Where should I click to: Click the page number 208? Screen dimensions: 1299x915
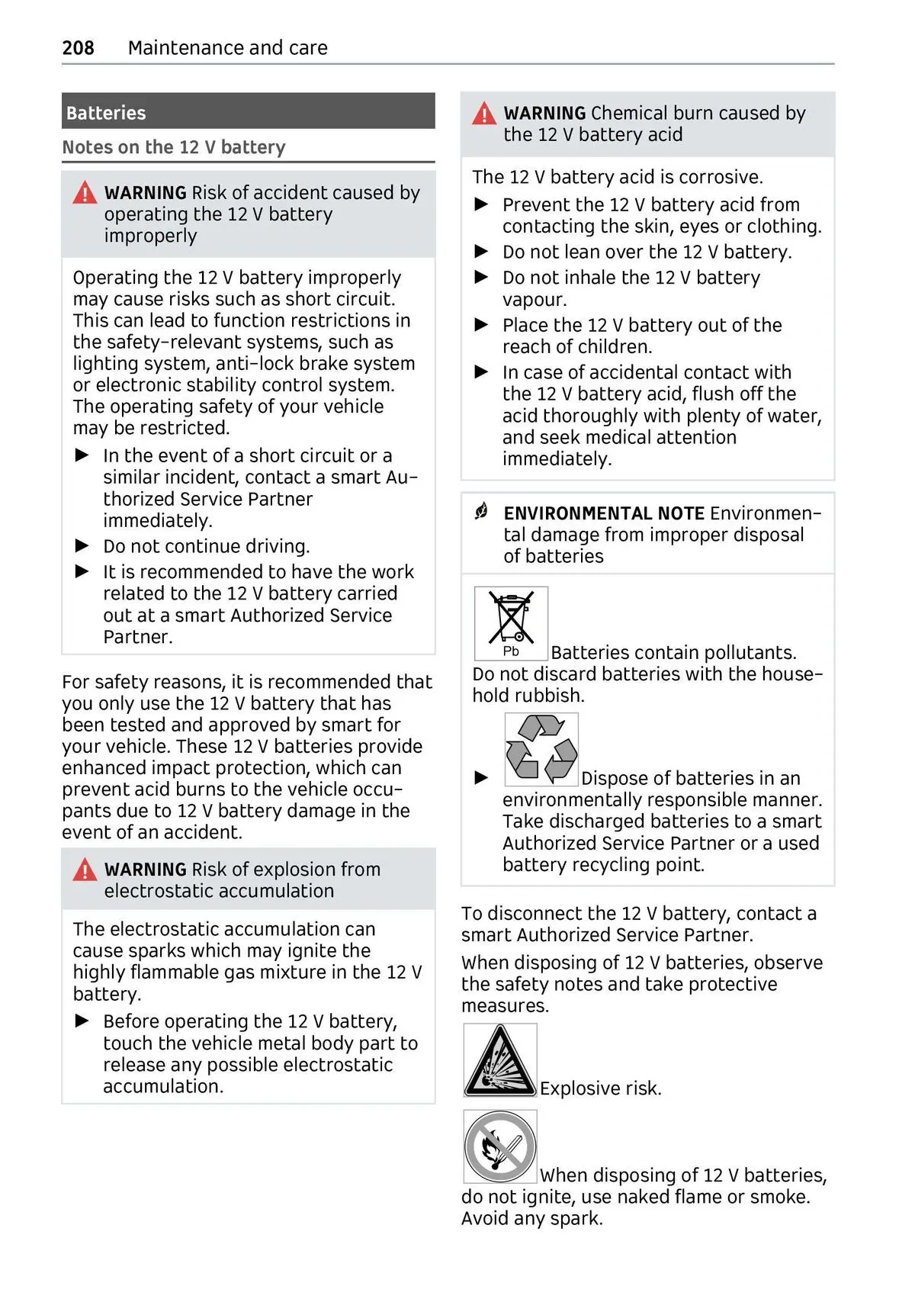pos(78,48)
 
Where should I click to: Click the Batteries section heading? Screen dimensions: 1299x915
pos(106,113)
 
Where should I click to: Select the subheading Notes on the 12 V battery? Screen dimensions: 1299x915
pos(174,147)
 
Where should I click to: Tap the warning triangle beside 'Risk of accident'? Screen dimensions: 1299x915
pos(85,193)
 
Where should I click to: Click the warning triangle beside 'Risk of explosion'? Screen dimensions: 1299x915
pos(85,870)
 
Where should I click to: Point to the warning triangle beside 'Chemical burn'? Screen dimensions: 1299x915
pos(484,114)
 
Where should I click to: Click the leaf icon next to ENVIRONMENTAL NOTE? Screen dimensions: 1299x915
pos(481,512)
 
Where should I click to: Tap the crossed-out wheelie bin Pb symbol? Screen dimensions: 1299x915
pos(511,623)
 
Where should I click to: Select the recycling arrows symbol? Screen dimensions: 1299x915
pos(541,749)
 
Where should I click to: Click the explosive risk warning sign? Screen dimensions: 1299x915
pos(500,1060)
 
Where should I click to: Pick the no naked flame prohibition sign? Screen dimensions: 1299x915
pos(500,1146)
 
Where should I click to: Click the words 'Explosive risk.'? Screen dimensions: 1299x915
pos(601,1088)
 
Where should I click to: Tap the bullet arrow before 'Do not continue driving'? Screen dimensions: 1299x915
pos(82,546)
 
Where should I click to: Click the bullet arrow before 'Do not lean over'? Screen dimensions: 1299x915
pos(481,252)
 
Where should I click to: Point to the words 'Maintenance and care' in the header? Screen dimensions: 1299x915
pos(228,48)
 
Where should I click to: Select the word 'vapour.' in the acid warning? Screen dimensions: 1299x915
pos(535,300)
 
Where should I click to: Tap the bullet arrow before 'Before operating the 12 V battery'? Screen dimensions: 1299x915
pos(82,1021)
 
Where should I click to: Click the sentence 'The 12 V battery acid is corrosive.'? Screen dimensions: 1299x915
pos(618,177)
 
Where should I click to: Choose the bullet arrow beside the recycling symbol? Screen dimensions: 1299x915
pos(481,778)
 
